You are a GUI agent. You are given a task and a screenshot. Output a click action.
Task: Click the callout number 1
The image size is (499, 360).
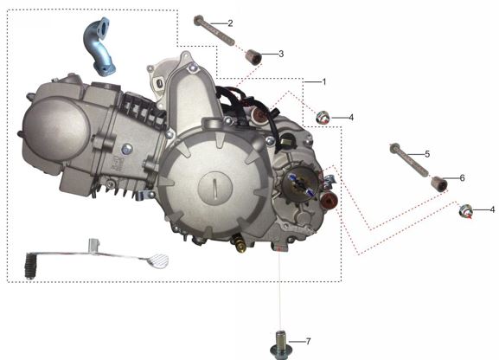point(323,81)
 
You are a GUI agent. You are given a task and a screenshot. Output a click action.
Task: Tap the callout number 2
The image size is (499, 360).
point(230,22)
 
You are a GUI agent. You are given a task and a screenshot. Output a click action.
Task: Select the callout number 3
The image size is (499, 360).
point(281,54)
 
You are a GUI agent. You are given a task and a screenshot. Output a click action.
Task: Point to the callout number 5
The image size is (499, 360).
point(426,153)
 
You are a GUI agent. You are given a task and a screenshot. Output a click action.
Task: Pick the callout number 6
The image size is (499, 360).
point(462,177)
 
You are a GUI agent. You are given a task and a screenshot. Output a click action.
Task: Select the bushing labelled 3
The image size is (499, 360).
point(254,58)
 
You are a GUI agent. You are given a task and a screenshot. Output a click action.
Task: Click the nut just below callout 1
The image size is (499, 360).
point(323,117)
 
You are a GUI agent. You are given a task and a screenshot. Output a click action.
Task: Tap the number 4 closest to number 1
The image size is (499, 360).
point(350,117)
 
